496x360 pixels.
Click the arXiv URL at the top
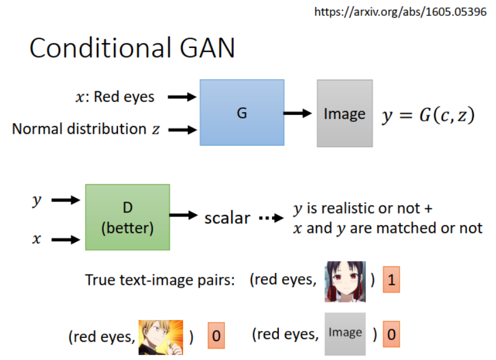pos(400,11)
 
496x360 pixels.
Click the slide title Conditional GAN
pos(132,48)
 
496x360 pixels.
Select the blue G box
pos(242,113)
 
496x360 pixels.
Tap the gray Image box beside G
pos(344,113)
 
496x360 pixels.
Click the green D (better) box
pos(127,217)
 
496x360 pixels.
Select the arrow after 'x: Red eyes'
pos(181,97)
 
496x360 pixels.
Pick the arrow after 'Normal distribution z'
pos(181,130)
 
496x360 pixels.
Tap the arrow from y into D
pos(66,200)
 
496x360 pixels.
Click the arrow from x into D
pos(66,240)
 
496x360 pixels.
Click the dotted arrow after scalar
pos(271,218)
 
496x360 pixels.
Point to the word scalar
pos(227,218)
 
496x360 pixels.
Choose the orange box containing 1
pos(391,280)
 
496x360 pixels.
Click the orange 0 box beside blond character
pos(216,336)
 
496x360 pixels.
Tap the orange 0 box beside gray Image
pos(391,334)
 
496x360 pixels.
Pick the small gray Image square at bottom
pos(345,334)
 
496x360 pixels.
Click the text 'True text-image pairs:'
pos(160,280)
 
